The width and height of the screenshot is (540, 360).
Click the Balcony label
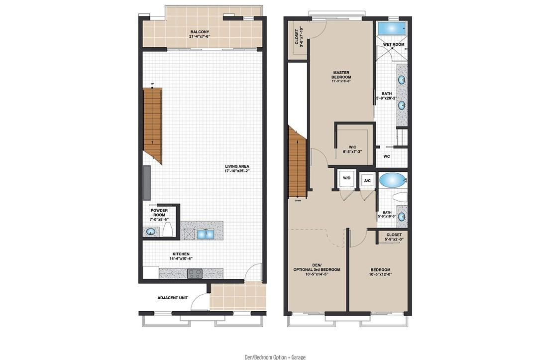[x=202, y=33]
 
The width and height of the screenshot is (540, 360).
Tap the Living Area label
[x=237, y=168]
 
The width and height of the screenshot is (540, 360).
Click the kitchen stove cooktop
[x=194, y=273]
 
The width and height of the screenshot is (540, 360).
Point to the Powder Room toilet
[x=168, y=230]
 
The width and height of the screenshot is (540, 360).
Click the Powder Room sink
[x=151, y=231]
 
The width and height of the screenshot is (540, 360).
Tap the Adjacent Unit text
[x=172, y=298]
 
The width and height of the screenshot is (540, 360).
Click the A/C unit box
[x=367, y=180]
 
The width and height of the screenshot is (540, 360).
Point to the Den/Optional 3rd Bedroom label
[x=317, y=269]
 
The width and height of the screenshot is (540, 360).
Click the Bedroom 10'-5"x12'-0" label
[x=380, y=272]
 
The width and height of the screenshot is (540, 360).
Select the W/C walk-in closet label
[x=352, y=149]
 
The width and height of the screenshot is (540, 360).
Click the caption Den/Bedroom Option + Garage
[x=275, y=357]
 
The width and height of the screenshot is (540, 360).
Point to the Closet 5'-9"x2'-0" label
[x=393, y=237]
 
